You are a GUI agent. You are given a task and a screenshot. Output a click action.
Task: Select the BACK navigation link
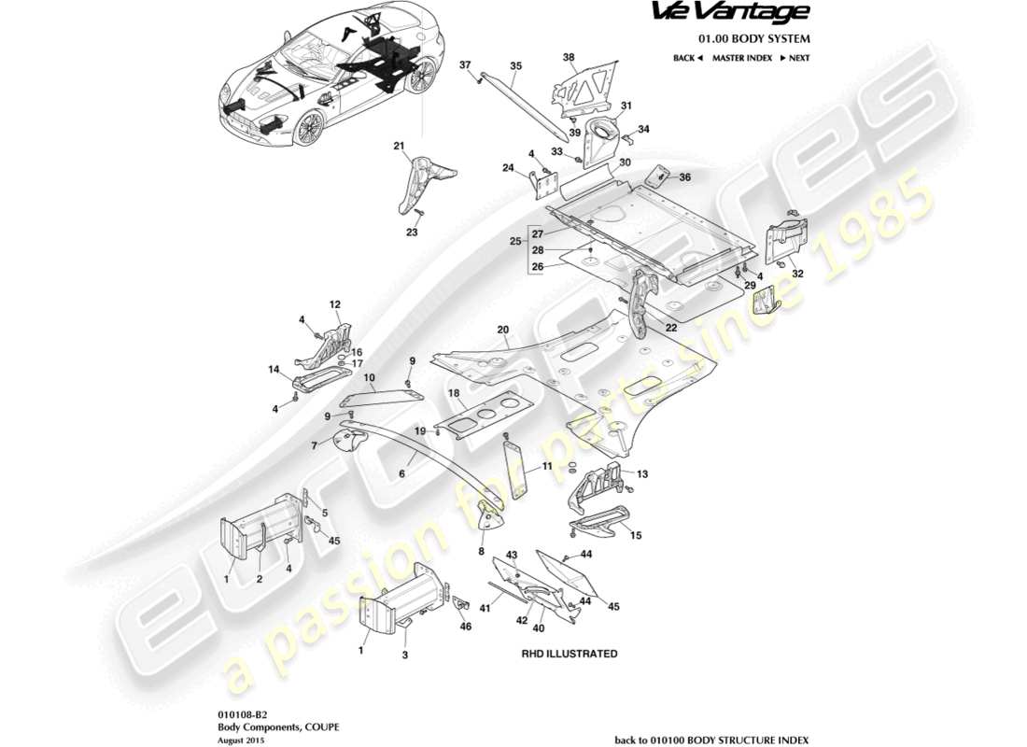[x=686, y=58]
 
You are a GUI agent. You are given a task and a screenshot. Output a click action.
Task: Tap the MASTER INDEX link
[x=741, y=58]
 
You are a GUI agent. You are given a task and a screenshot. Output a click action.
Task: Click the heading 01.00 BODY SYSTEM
[x=754, y=39]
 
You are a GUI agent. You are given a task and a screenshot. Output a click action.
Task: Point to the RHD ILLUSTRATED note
[x=569, y=654]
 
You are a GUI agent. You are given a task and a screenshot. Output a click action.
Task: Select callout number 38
[x=569, y=58]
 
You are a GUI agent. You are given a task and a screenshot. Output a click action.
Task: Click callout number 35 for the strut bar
[x=515, y=66]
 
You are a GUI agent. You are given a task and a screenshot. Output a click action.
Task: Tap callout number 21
[x=399, y=147]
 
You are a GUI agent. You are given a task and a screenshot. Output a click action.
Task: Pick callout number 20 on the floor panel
[x=502, y=331]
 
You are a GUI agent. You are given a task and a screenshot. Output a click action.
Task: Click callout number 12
[x=334, y=304]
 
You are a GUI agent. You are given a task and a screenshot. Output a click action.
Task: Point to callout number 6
[x=402, y=474]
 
